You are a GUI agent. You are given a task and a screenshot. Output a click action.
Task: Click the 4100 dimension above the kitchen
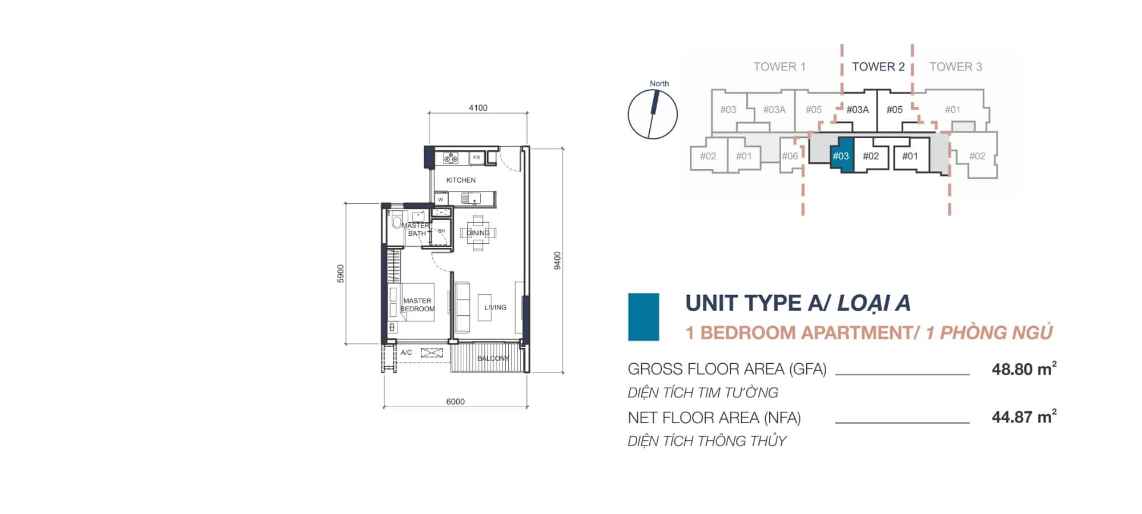pyautogui.click(x=478, y=108)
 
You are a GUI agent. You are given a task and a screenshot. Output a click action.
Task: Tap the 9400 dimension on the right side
pyautogui.click(x=557, y=260)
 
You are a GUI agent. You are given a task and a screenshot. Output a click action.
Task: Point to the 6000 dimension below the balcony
pyautogui.click(x=455, y=401)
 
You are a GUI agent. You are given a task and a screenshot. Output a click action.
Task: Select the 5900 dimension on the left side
pyautogui.click(x=341, y=273)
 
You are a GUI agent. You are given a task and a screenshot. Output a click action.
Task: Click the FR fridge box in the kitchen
pyautogui.click(x=476, y=158)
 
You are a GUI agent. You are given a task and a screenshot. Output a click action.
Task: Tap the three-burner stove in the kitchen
pyautogui.click(x=451, y=158)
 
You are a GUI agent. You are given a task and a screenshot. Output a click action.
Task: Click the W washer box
pyautogui.click(x=440, y=199)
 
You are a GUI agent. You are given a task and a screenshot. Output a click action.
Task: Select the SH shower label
pyautogui.click(x=441, y=231)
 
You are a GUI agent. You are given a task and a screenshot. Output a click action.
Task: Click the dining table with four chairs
pyautogui.click(x=478, y=233)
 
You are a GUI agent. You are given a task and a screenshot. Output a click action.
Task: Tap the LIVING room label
pyautogui.click(x=495, y=307)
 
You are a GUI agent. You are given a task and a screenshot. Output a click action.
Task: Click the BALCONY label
pyautogui.click(x=493, y=358)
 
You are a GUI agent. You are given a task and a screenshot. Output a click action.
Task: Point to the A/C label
pyautogui.click(x=406, y=352)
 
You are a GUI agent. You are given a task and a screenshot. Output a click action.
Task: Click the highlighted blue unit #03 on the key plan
pyautogui.click(x=841, y=156)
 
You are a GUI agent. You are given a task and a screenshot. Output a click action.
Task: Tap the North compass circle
pyautogui.click(x=653, y=114)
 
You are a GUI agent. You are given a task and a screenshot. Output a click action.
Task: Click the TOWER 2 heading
pyautogui.click(x=878, y=67)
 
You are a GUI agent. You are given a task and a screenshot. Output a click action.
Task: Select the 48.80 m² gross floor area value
pyautogui.click(x=1024, y=369)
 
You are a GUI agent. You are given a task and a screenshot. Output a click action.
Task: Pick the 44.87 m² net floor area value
pyautogui.click(x=1024, y=417)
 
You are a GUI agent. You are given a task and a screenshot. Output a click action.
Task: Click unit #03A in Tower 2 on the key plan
pyautogui.click(x=857, y=110)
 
